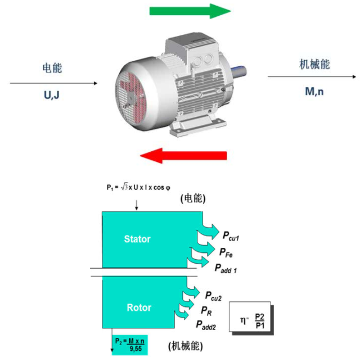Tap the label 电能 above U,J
(x=52, y=68)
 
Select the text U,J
(x=52, y=95)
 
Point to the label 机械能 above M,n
(x=314, y=64)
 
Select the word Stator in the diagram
(x=137, y=239)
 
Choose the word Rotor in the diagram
(x=138, y=307)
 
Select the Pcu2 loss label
(x=213, y=297)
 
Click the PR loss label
(x=206, y=310)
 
